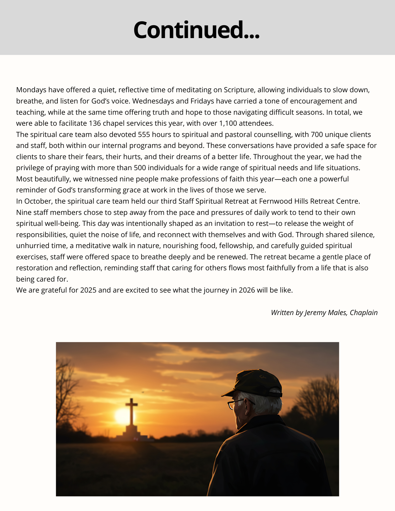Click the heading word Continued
click(196, 30)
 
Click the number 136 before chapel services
click(95, 123)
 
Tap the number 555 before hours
click(144, 135)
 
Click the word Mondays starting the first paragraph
click(31, 90)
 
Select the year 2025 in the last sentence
click(88, 290)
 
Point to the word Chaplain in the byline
click(364, 313)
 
